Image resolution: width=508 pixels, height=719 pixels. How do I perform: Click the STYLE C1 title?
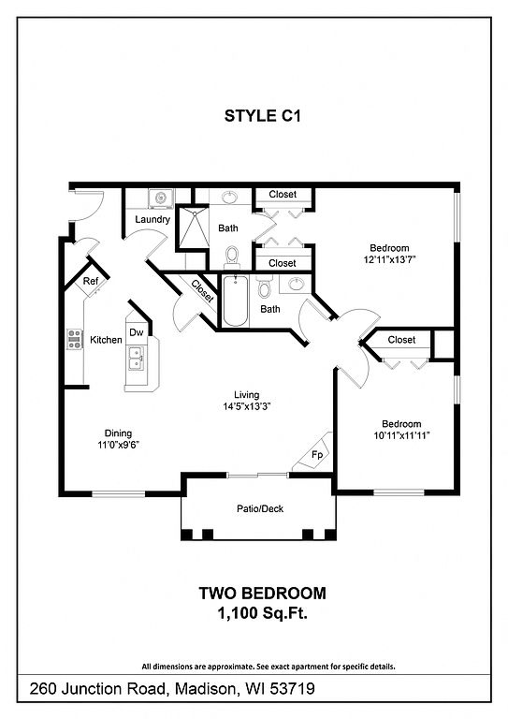tap(263, 116)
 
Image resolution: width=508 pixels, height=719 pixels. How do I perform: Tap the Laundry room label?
tap(152, 220)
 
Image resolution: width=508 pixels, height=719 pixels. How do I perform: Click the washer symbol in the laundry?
tap(161, 198)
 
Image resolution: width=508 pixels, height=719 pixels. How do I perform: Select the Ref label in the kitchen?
tap(90, 281)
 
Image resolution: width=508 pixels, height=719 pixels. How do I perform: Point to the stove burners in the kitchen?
tap(75, 339)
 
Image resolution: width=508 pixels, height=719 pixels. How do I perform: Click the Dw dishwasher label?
tap(136, 332)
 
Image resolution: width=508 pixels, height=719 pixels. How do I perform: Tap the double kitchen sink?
tap(136, 359)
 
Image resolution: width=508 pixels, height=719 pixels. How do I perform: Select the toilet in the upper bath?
tap(232, 256)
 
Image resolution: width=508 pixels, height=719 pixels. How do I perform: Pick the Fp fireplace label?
tap(317, 455)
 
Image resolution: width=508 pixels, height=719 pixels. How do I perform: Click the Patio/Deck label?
tap(260, 508)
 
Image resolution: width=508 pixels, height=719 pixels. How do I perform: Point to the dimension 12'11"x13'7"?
tap(390, 259)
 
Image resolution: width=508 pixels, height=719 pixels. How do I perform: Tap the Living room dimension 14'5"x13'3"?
tap(246, 405)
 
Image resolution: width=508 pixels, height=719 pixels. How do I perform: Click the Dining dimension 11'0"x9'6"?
tap(118, 445)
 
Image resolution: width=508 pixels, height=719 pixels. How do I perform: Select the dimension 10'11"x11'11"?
tap(401, 435)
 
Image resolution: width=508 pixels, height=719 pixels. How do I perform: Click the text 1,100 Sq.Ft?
tap(263, 613)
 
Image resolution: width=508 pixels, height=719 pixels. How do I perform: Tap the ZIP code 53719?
tap(292, 689)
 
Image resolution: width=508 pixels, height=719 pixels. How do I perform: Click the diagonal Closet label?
tap(202, 292)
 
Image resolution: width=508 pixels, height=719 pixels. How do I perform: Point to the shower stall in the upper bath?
tap(193, 227)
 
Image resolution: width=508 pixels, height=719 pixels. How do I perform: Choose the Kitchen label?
tap(106, 340)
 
